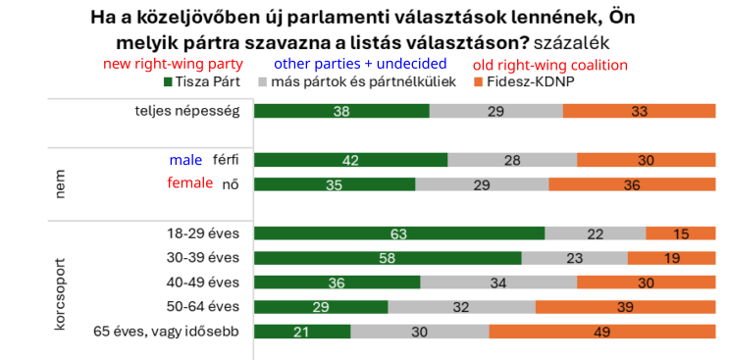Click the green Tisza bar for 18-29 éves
399,233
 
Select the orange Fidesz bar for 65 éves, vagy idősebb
602,332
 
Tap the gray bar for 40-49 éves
498,283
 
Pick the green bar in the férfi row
351,160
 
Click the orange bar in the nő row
632,184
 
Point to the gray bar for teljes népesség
496,111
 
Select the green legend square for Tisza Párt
169,82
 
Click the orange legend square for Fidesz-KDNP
479,82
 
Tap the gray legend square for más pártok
262,82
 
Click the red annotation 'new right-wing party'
173,64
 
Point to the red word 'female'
190,183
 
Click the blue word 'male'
185,160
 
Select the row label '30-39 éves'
203,257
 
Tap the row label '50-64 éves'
203,307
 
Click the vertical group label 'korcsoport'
60,293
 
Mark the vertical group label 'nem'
60,184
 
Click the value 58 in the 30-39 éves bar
388,258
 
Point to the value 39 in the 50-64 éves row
625,307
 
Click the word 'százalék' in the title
571,43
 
